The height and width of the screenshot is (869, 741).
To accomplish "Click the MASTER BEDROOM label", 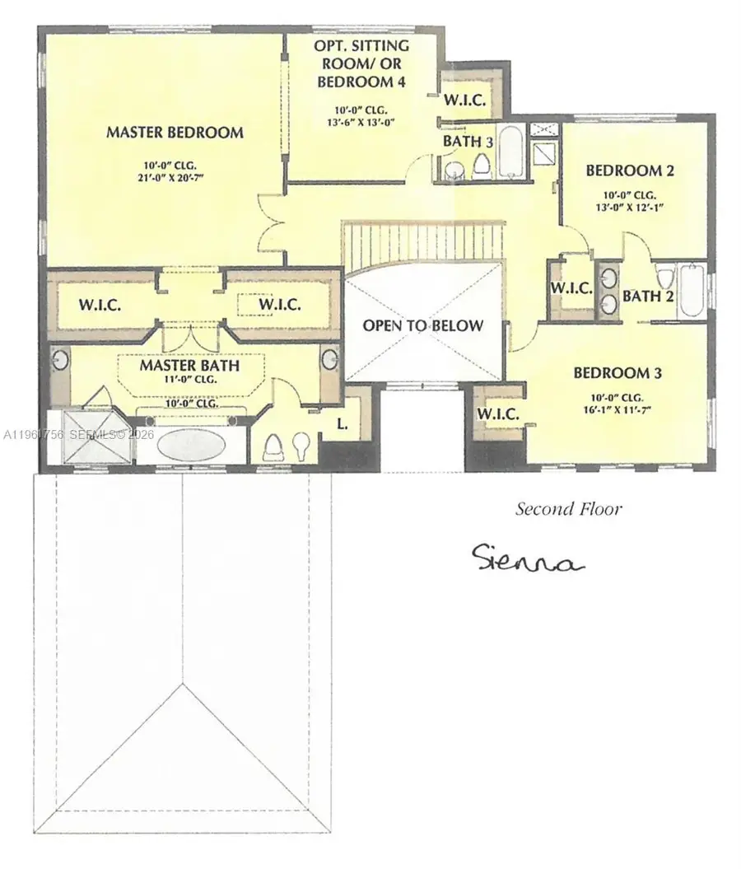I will pos(174,132).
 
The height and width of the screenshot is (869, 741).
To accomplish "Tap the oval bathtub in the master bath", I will pos(189,446).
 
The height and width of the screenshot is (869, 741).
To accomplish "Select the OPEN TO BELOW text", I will pos(423,325).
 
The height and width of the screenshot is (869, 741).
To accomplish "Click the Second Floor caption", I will pos(568,509).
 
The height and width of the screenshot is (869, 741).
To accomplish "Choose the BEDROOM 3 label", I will pos(617,372).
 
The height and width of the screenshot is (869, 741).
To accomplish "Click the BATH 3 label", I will pos(468,142).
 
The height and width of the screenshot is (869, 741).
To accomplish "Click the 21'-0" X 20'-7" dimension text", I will pos(174,176).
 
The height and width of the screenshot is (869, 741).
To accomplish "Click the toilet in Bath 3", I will pos(481,166).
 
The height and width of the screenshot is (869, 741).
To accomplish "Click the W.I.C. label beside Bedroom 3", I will pos(498,414).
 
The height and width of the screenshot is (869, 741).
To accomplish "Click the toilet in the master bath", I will pos(274,446).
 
